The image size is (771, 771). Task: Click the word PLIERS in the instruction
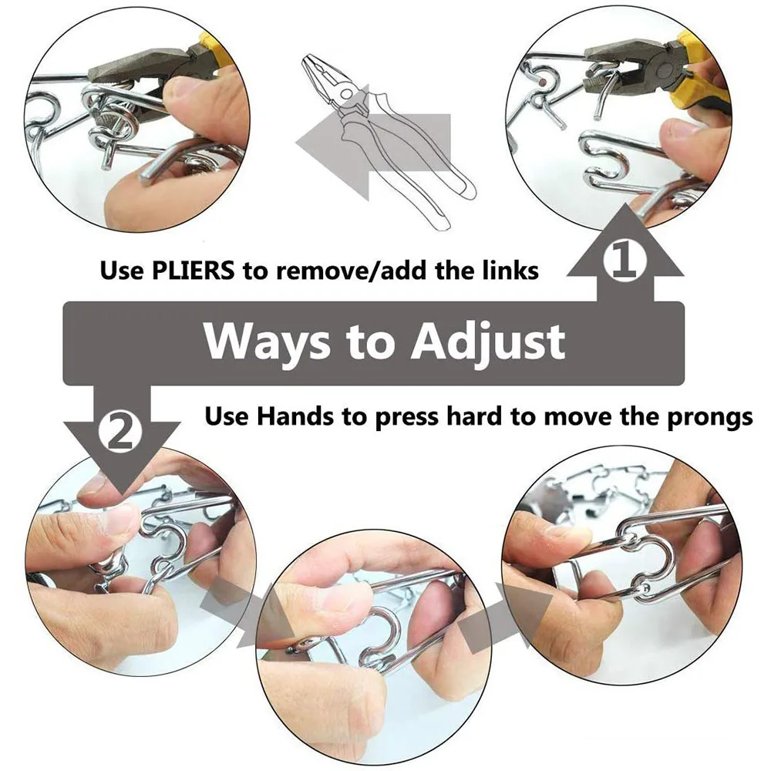(x=194, y=270)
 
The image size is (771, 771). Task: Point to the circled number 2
(x=120, y=433)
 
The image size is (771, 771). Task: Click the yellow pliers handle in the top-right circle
(x=699, y=74)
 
